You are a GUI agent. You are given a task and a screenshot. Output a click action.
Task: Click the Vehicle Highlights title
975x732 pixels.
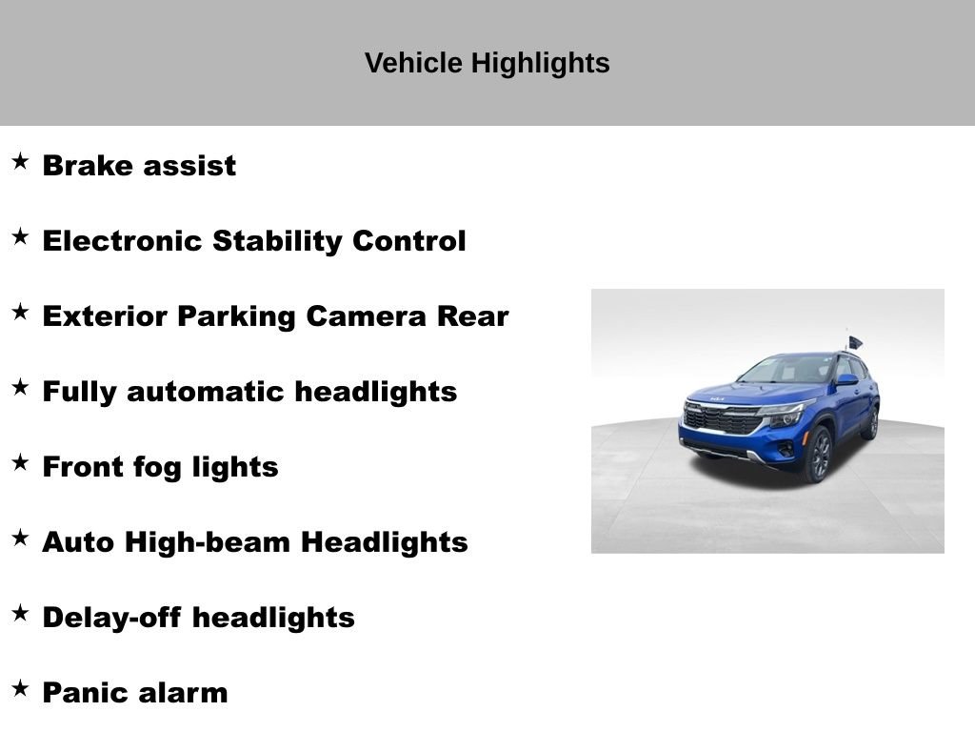(x=487, y=63)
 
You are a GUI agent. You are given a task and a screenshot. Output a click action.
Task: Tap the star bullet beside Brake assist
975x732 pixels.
(x=21, y=161)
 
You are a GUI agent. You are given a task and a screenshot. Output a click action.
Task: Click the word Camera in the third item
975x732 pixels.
(x=366, y=316)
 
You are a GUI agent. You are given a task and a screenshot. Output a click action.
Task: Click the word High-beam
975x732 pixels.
(x=208, y=542)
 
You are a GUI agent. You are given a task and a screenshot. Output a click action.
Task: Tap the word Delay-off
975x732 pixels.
(x=111, y=618)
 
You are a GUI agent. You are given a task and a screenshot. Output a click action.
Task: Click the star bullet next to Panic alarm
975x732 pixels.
(x=21, y=688)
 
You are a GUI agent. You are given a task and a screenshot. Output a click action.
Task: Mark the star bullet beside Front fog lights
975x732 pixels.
(x=21, y=462)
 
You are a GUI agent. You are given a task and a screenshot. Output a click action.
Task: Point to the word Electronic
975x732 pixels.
(x=123, y=241)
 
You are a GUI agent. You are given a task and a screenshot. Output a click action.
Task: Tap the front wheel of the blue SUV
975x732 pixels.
(x=819, y=455)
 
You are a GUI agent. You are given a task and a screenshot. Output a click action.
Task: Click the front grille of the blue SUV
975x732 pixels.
(x=723, y=419)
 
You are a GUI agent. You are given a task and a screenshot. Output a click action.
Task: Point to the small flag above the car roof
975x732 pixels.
(x=855, y=342)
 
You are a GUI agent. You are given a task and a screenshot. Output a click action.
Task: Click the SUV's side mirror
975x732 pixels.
(x=846, y=379)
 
